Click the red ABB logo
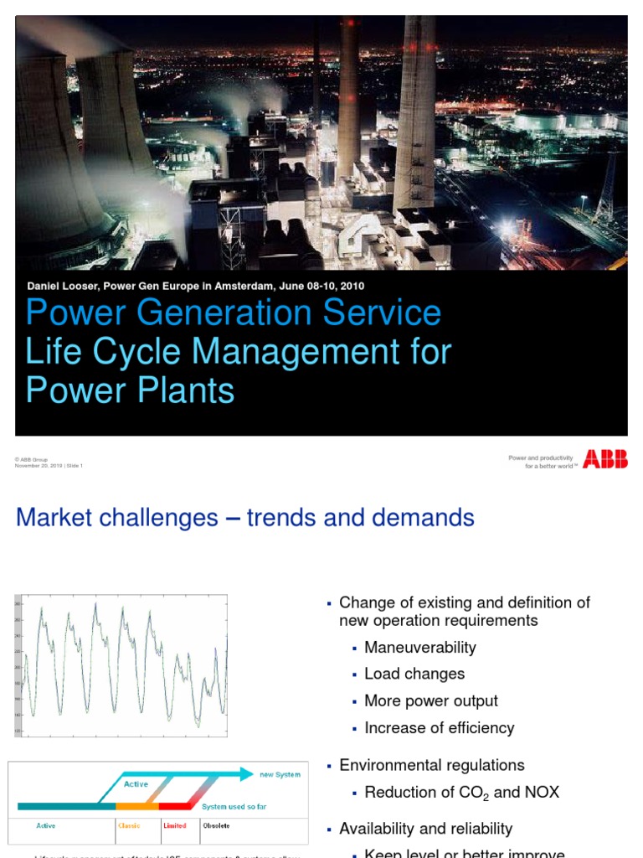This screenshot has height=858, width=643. point(605,459)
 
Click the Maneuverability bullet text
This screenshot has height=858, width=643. point(420,648)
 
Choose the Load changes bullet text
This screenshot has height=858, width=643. point(414,675)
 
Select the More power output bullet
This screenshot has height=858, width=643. point(431,701)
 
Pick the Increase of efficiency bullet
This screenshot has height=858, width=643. point(440,728)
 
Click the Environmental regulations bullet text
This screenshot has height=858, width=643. point(432,765)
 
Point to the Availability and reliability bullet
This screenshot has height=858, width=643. point(425,829)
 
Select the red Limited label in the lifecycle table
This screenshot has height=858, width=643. point(175,825)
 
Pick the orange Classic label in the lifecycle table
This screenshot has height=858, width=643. point(130,825)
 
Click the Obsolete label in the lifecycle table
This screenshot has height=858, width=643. point(216,825)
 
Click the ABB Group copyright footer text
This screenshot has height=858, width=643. point(32,460)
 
